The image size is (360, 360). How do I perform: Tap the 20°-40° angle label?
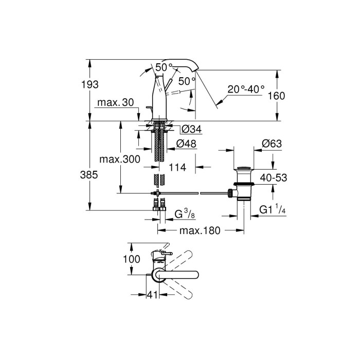pyautogui.click(x=246, y=89)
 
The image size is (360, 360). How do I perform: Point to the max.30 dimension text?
pyautogui.click(x=117, y=103)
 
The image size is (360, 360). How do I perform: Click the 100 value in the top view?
pyautogui.click(x=133, y=260)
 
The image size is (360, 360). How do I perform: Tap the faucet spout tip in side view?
pyautogui.click(x=195, y=72)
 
